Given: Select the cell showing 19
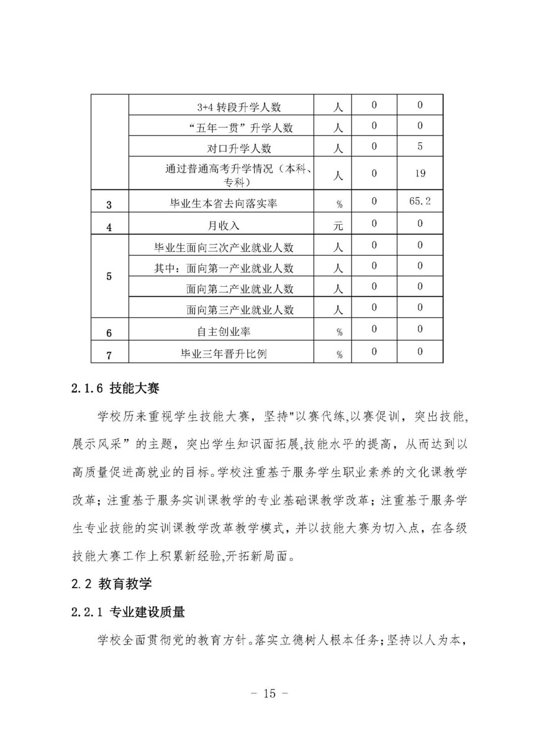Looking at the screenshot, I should click(420, 173).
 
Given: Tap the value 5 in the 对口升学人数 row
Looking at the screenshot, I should click(420, 147).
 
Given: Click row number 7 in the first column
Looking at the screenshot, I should click(109, 354).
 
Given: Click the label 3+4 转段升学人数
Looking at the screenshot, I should click(238, 107).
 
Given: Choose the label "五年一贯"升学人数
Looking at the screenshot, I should click(240, 128).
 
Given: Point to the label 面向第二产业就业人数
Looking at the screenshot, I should click(240, 289).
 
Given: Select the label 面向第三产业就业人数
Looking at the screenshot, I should click(240, 309).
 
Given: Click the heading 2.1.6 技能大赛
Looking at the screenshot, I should click(116, 389).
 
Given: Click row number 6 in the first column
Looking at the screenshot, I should click(109, 333).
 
